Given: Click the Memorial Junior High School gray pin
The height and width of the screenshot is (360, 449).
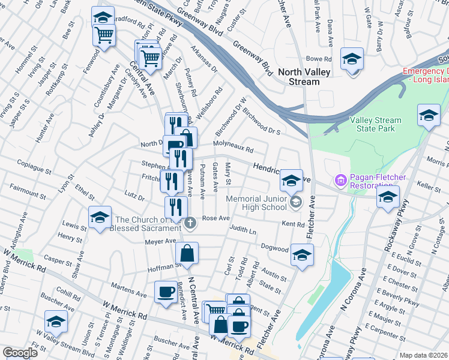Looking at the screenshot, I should point(295,202).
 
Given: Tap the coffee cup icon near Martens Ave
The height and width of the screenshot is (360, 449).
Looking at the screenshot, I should point(165,292).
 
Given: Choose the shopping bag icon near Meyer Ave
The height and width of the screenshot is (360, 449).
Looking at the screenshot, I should point(187,253).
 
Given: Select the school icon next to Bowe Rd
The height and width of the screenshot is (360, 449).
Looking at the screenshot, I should point(352,59).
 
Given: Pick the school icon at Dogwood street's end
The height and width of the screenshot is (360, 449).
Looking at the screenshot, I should point(302,254).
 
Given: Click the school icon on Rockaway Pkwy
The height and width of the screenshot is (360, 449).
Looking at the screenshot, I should point(388,196).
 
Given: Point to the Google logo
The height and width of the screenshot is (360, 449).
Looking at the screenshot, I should point(20,353).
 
